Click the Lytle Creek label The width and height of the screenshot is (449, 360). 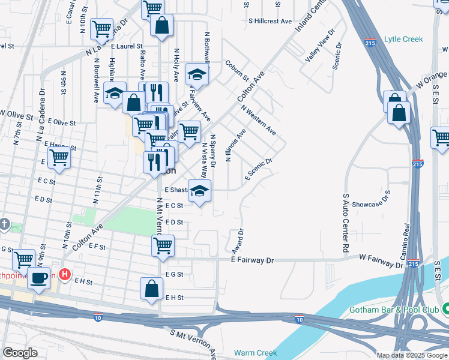tap(403, 40)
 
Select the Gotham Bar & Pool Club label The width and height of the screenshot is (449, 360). tap(393, 310)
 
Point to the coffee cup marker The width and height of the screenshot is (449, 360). tap(40, 278)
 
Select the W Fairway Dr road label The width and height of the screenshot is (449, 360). tap(380, 262)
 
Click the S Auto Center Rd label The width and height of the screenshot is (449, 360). tap(346, 223)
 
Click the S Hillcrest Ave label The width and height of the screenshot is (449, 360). tap(270, 21)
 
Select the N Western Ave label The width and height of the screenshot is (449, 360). tap(259, 121)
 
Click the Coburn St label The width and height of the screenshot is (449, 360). tap(237, 70)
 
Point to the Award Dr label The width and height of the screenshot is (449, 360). tap(237, 241)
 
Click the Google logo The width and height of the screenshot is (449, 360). tap(20, 353)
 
